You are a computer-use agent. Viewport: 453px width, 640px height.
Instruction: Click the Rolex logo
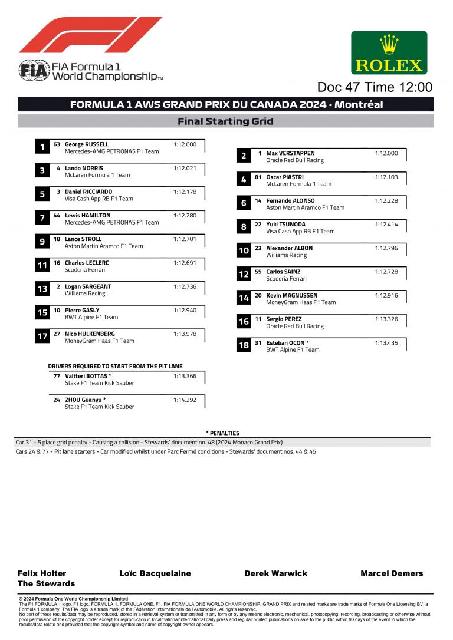coord(389,53)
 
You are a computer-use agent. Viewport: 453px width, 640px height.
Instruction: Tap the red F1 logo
coord(90,35)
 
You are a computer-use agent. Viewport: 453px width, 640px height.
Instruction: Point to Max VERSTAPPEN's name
coord(290,153)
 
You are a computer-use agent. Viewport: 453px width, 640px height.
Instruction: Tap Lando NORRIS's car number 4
coord(58,168)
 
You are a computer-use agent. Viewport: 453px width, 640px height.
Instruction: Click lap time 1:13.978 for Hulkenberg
coord(185,334)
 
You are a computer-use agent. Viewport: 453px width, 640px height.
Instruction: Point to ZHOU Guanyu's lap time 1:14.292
coord(185,400)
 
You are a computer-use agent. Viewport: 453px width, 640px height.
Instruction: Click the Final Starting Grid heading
coord(225,121)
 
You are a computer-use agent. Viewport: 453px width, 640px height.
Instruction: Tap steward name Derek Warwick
coord(275,573)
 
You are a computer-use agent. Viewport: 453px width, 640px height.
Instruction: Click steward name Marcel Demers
coord(392,573)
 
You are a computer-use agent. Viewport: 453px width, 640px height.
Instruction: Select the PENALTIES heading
coord(222,433)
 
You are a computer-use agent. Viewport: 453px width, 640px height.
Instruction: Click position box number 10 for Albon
coord(244,251)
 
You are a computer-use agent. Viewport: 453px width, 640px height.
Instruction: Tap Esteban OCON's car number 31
coord(258,343)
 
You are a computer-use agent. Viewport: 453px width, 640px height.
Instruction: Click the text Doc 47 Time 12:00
coord(375,87)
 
